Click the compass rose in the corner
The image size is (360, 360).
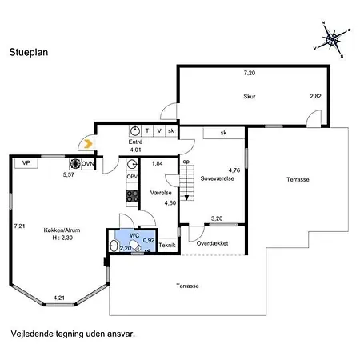332,39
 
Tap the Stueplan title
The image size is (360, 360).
29,52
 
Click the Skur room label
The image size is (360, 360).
250,96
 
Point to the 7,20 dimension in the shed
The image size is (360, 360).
250,73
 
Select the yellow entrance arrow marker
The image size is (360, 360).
88,144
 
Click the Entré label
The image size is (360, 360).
135,142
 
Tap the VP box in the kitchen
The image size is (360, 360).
26,163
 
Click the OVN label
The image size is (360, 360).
87,163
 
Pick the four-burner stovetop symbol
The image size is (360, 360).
132,196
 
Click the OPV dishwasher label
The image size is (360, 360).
132,177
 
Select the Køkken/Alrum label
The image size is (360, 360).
62,230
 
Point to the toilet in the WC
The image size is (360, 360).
135,246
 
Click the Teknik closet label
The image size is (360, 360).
167,245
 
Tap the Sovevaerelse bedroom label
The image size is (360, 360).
217,178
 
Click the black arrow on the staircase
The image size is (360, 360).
186,198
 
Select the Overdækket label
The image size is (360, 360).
212,243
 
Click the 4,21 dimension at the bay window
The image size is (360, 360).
59,298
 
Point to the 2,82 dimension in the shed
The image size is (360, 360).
315,96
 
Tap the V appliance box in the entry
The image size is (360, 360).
159,131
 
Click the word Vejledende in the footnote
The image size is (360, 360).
32,334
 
